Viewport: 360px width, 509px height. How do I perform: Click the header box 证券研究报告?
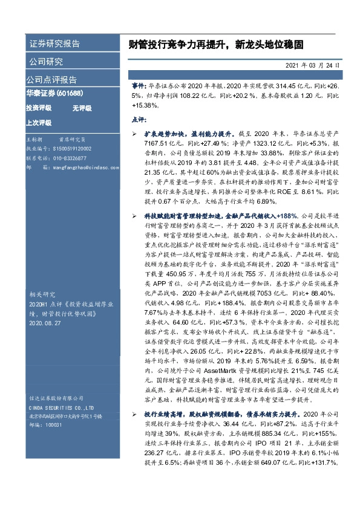pyautogui.click(x=54, y=44)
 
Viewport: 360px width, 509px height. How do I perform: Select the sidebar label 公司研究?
pyautogui.click(x=46, y=62)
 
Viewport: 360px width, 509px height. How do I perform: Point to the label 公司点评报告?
pyautogui.click(x=51, y=79)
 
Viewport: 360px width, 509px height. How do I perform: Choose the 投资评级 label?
pyautogui.click(x=38, y=108)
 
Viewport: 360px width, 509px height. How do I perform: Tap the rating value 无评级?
pyautogui.click(x=81, y=108)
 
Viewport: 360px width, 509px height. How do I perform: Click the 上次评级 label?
pyautogui.click(x=38, y=122)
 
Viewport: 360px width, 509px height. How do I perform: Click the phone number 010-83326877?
pyautogui.click(x=74, y=157)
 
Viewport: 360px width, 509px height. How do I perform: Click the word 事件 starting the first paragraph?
pyautogui.click(x=139, y=86)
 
